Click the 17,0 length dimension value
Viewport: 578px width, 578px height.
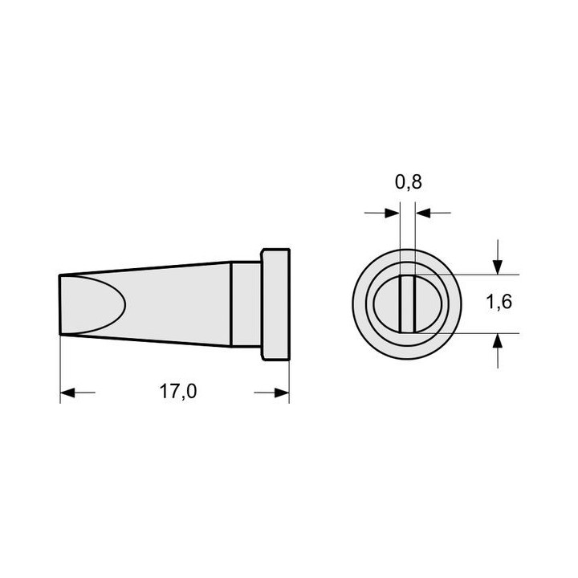[178, 392]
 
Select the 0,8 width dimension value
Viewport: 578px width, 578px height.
[409, 181]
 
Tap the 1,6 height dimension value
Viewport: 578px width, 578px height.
[499, 302]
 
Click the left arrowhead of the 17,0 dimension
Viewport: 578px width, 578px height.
[67, 393]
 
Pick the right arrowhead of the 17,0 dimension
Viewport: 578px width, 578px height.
[282, 393]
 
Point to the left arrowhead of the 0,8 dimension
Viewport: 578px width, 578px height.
[393, 213]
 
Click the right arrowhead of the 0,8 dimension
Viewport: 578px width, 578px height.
[423, 213]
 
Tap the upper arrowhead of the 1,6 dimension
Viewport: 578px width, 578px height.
[498, 267]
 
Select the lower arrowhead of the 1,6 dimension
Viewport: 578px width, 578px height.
[498, 340]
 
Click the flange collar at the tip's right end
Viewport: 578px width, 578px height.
[275, 304]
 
